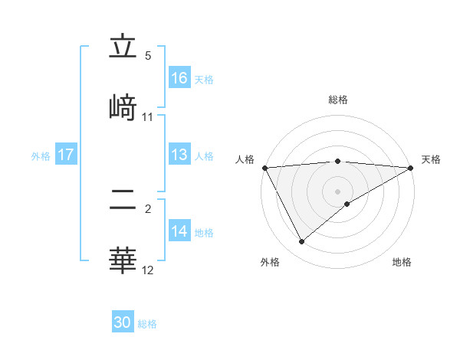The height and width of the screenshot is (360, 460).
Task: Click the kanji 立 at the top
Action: coord(123,49)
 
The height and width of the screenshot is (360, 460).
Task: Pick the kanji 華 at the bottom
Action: coord(123,258)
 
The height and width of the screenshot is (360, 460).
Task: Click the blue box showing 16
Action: coord(179,77)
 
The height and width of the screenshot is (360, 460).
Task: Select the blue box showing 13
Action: coord(179,155)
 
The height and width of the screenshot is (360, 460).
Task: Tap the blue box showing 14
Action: coord(179,231)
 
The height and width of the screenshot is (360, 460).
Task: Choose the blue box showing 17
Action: coord(66,155)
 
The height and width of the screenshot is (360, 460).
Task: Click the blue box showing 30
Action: coord(123,322)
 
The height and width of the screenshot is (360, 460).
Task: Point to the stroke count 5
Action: coord(148,55)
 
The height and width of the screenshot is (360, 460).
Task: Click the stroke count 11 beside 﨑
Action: coord(148,117)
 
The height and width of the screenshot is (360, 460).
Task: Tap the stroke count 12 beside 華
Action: coord(148,270)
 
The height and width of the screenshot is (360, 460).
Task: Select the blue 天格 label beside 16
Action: coord(204,79)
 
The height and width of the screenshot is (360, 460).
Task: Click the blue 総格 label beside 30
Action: coord(147,324)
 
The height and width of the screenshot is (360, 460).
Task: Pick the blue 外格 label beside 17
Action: coord(41,156)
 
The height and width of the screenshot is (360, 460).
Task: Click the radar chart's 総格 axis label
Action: coord(338,100)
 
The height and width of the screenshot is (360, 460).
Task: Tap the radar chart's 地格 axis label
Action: coord(402,262)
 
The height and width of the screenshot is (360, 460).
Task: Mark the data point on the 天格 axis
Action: coord(411,168)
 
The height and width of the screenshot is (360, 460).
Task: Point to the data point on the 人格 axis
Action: coord(264,168)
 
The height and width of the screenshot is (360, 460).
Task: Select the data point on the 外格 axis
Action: coord(302,242)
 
